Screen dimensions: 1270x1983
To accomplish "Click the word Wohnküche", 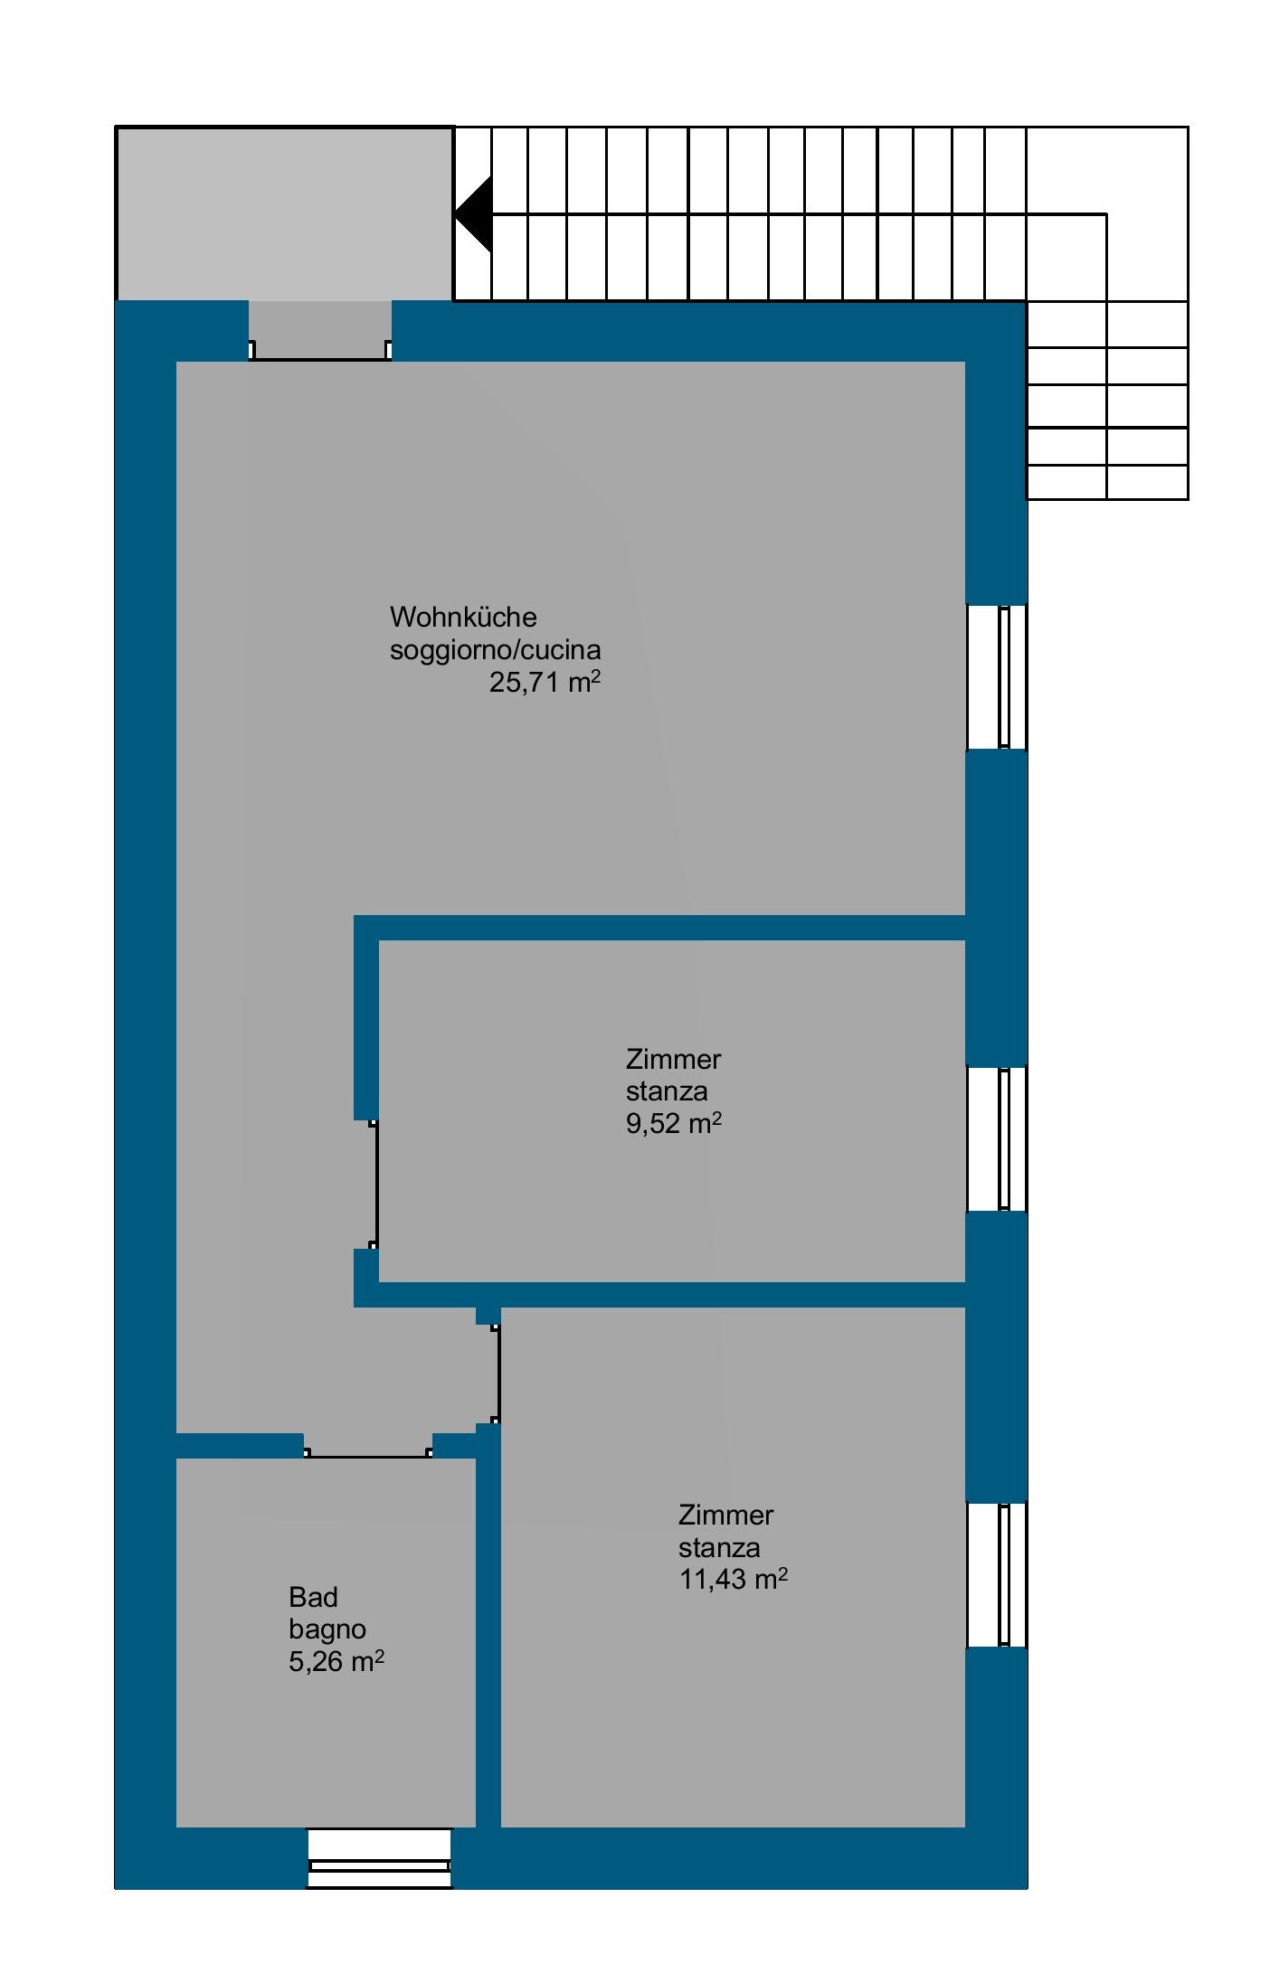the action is click(463, 617).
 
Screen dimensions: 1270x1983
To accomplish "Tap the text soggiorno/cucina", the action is click(495, 650).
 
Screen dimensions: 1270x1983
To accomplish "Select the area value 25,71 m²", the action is click(545, 682).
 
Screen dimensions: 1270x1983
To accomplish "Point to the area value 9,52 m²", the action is click(674, 1124).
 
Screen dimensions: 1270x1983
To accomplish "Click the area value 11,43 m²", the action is click(734, 1580).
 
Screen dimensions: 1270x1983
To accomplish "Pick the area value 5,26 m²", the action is click(336, 1662).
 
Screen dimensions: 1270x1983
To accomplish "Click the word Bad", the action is click(313, 1598).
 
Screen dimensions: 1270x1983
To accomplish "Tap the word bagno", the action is click(327, 1630).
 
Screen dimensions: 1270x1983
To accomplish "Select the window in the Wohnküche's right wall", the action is click(997, 677).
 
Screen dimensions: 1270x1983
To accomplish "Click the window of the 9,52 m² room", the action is click(997, 1139).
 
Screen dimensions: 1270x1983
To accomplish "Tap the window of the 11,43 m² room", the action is click(997, 1575).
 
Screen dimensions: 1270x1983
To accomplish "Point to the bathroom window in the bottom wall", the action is click(379, 1858).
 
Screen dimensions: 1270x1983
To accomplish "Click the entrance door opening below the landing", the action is click(320, 331).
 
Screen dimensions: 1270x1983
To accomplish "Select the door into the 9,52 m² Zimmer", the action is click(373, 1185).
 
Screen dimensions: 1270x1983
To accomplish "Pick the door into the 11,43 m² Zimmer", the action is click(495, 1374).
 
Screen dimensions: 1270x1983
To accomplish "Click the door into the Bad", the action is click(367, 1452).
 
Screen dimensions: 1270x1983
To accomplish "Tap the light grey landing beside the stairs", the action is click(285, 214).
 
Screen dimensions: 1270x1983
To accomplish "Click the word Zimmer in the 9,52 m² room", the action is click(674, 1059).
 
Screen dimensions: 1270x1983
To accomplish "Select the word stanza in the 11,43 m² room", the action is click(719, 1547).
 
